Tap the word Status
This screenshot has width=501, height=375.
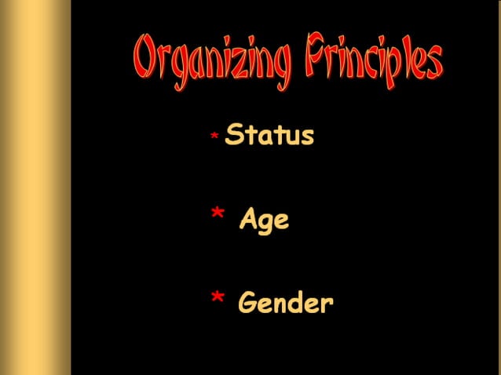click(269, 136)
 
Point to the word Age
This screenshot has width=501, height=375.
click(265, 220)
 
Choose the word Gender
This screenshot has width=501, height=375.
click(286, 303)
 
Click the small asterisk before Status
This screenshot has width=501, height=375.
click(214, 137)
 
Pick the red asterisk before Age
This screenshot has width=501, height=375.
click(218, 216)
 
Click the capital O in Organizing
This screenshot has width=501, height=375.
click(145, 63)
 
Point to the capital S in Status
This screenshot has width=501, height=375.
click(234, 135)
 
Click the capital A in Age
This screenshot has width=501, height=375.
click(250, 219)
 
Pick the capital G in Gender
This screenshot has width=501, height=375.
click(249, 302)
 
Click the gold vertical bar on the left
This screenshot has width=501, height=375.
click(35, 187)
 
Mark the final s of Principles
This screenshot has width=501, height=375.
click(433, 63)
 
